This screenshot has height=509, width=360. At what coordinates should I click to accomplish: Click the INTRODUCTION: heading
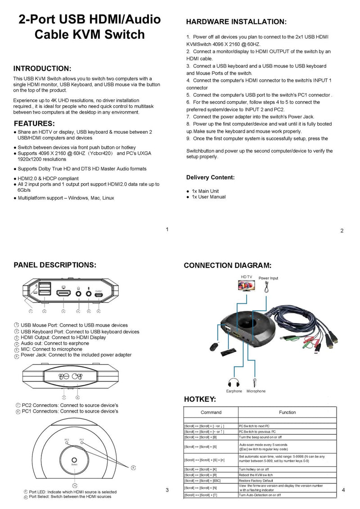[x=42, y=68]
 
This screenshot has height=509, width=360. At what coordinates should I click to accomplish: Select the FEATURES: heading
[x=34, y=123]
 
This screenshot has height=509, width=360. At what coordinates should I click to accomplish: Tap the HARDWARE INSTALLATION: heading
[x=236, y=22]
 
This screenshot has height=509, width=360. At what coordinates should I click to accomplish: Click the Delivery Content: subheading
[x=210, y=178]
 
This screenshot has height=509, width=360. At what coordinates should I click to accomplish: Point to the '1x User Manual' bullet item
[x=208, y=197]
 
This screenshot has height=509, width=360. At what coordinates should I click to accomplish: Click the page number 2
[x=342, y=231]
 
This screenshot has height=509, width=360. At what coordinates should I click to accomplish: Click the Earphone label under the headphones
[x=234, y=391]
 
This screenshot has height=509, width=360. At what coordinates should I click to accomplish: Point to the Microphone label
[x=256, y=391]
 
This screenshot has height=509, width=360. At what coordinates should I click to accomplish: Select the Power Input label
[x=268, y=278]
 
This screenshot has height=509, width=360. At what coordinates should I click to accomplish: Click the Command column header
[x=211, y=412]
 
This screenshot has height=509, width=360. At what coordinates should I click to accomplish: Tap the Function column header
[x=287, y=412]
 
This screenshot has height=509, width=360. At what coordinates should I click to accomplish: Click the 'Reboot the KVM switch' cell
[x=256, y=475]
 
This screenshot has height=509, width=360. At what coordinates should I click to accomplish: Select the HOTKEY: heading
[x=200, y=399]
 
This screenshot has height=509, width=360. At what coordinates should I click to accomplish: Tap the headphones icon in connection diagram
[x=234, y=382]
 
